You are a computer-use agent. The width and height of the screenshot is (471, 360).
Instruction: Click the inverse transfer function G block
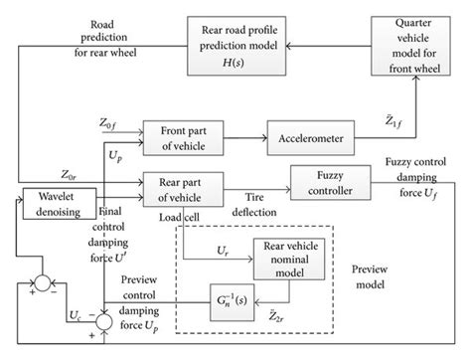(x=233, y=301)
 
